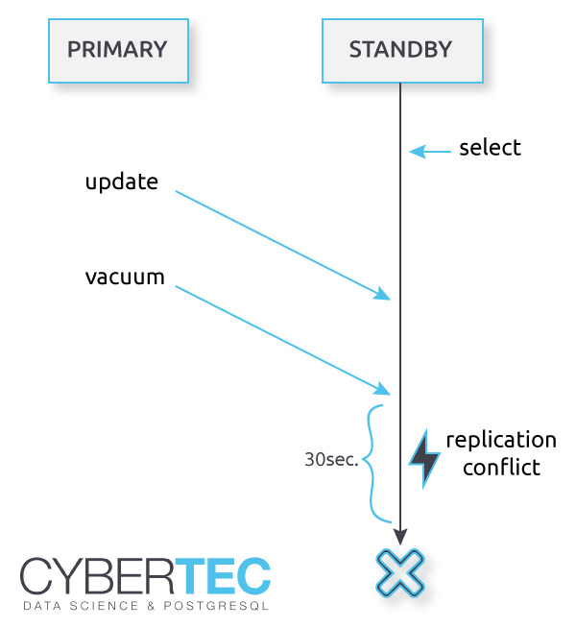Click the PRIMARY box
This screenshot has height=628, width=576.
(x=118, y=50)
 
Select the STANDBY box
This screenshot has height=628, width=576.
(x=401, y=50)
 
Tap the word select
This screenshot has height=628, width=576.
(x=490, y=148)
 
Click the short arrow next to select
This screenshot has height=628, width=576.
(x=430, y=151)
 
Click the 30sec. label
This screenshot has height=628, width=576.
(x=331, y=460)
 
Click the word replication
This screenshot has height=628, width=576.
(x=501, y=440)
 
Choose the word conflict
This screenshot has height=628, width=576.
(x=501, y=468)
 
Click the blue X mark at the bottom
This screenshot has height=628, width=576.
(x=400, y=573)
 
